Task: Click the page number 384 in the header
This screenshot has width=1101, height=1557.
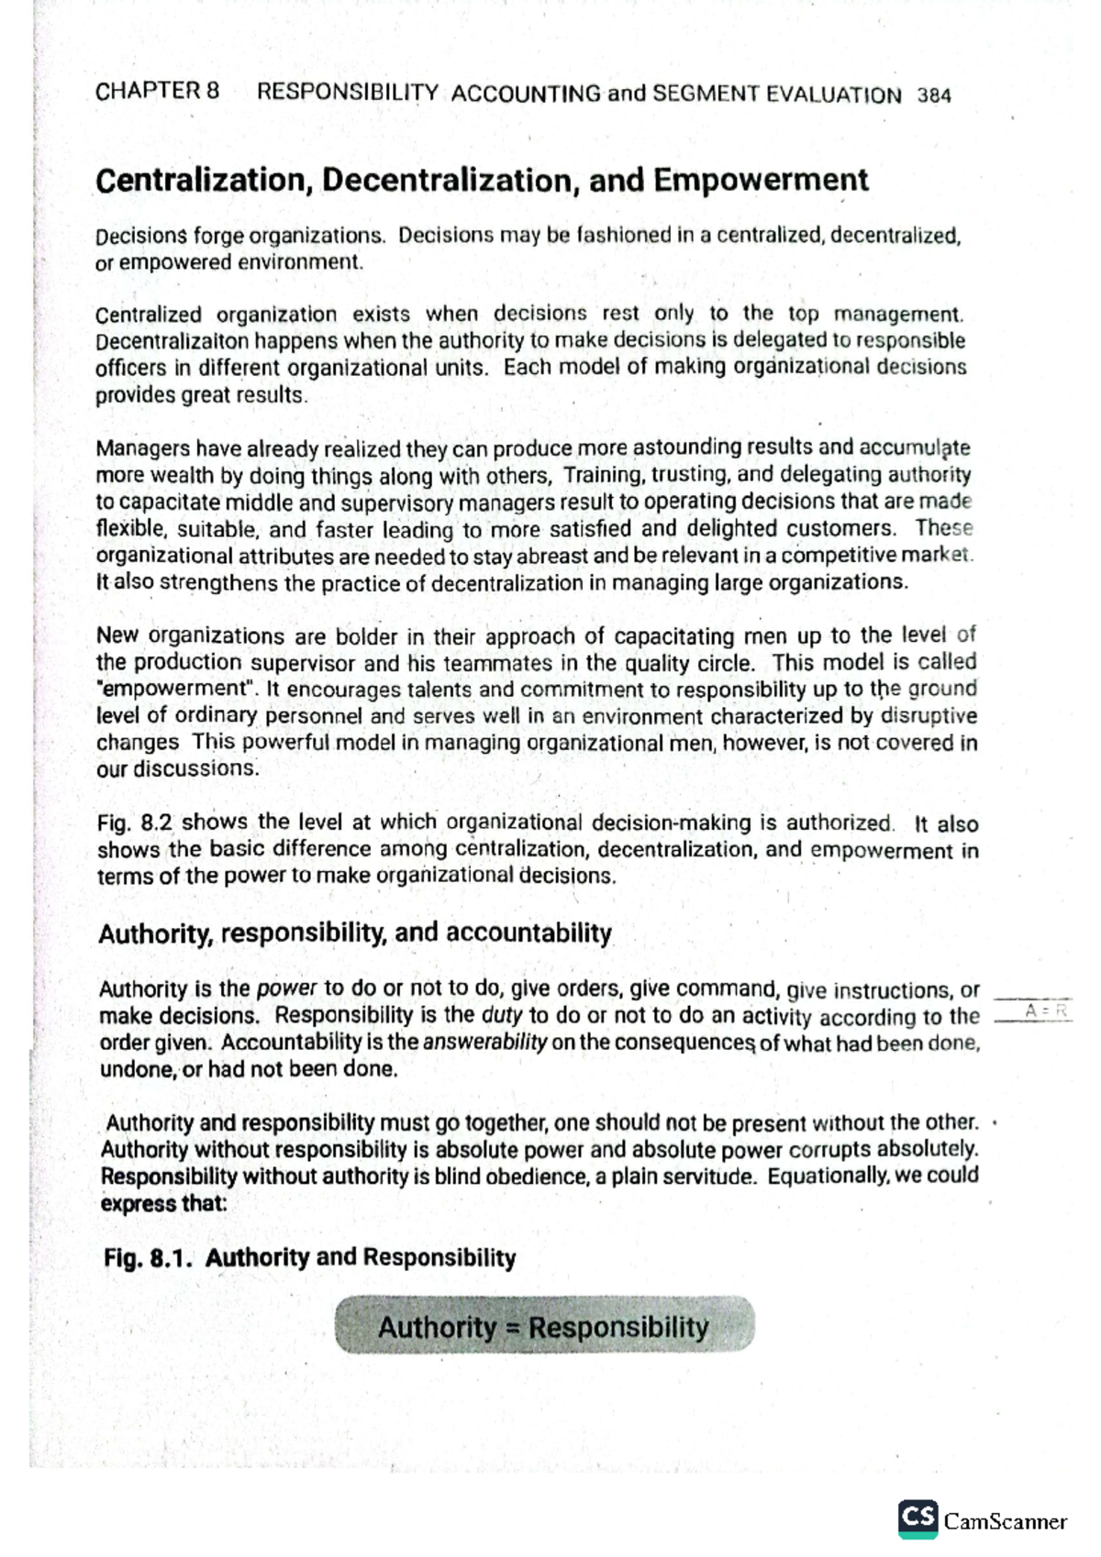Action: [x=933, y=95]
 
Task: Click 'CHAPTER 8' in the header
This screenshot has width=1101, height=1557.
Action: [x=157, y=91]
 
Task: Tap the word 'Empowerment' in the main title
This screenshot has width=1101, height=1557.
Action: [x=761, y=180]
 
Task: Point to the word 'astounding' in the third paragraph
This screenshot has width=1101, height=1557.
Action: [x=686, y=447]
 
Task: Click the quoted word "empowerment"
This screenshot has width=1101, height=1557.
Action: [x=178, y=690]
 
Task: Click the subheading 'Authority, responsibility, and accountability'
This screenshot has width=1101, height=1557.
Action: [x=354, y=933]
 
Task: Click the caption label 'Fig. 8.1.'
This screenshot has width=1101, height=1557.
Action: [x=148, y=1257]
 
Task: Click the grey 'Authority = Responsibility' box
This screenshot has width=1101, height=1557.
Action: [x=543, y=1326]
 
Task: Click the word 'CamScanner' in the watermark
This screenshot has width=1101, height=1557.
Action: [x=1005, y=1521]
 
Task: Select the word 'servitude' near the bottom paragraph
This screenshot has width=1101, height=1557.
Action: [x=710, y=1176]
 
